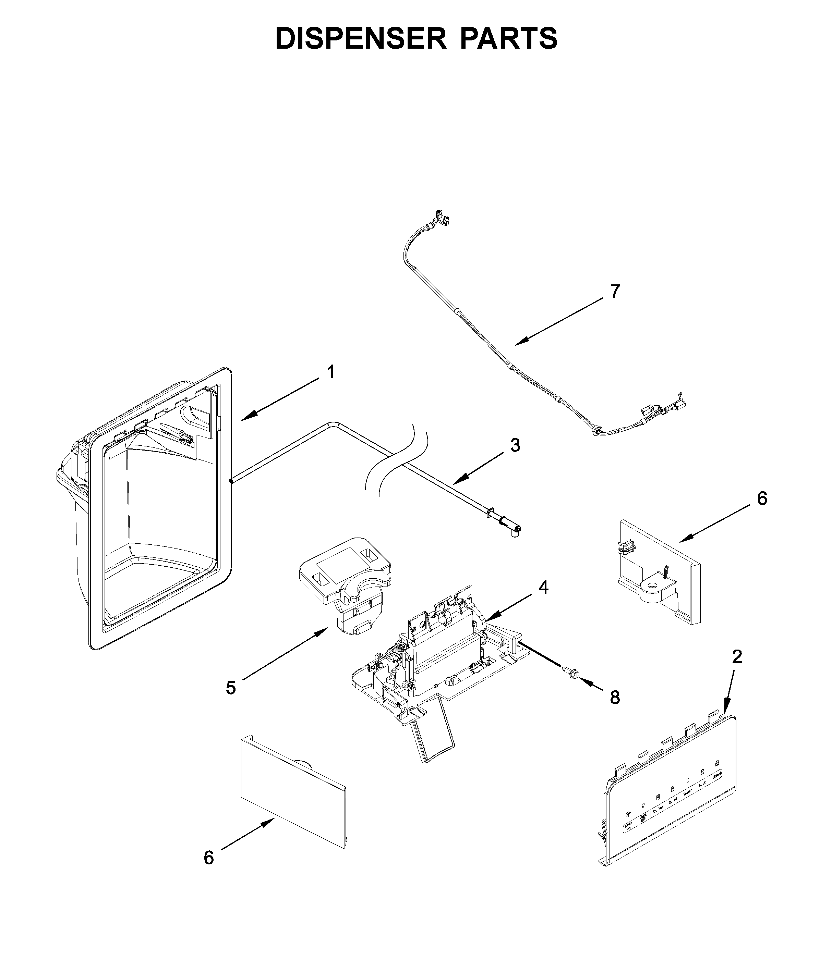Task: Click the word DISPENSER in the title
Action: coord(361,38)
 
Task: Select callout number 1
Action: coord(331,372)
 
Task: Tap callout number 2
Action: coord(736,656)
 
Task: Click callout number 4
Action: coord(543,588)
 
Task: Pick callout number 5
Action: coord(231,687)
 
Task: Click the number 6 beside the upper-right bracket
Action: coord(762,498)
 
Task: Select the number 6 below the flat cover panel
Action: coord(209,858)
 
